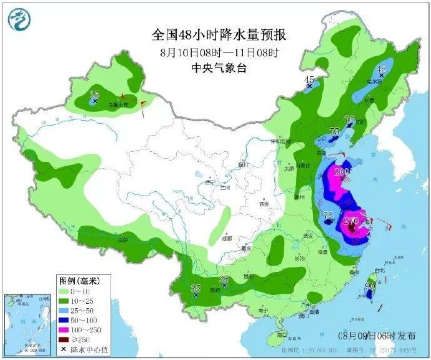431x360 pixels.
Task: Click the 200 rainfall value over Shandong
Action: tap(342, 172)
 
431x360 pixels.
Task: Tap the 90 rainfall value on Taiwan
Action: tap(370, 286)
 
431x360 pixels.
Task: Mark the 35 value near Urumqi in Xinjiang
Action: tap(94, 94)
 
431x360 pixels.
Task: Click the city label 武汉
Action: tap(307, 235)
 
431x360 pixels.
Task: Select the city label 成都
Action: tap(225, 238)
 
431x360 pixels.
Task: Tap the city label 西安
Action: tap(264, 204)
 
